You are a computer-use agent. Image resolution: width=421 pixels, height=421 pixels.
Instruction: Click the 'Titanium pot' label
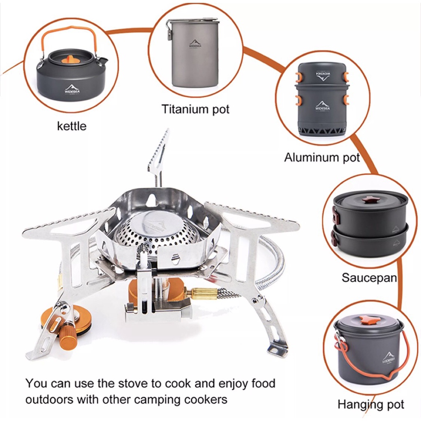195,109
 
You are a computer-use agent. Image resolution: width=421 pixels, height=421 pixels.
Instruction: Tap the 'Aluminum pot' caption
322,157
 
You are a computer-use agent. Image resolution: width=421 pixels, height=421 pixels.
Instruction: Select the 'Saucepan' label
369,278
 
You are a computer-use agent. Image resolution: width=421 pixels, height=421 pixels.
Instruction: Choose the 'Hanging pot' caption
371,405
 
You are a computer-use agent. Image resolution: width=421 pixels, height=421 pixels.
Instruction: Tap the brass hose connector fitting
204,293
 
